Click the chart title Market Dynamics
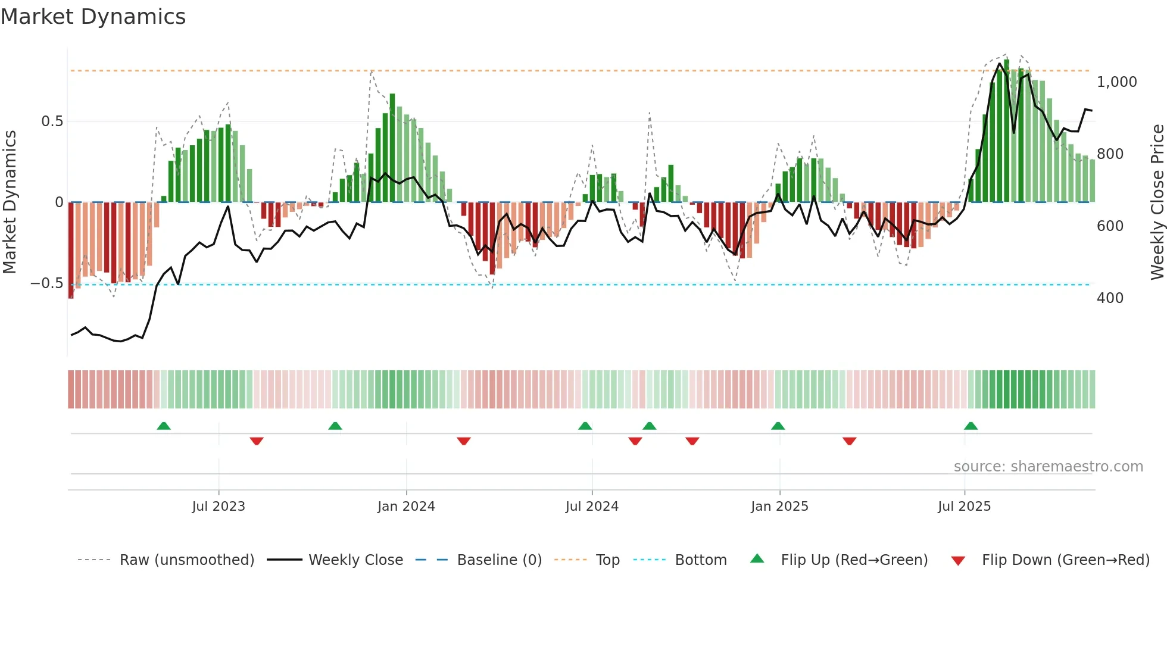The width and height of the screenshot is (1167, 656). pos(93,17)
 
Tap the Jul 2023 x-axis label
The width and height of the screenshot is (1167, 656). pos(219,507)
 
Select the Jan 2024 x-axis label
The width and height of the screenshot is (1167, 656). pos(406,507)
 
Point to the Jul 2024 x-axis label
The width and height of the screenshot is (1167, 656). pos(592,507)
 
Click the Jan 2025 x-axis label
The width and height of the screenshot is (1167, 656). pos(779,507)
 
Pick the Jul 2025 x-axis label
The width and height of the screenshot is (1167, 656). pos(964,507)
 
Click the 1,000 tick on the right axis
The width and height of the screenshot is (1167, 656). pos(1116,82)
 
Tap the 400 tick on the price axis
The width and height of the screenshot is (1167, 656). pos(1110,298)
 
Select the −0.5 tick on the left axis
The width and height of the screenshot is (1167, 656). pos(46,283)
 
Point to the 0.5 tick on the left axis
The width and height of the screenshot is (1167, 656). pos(52,121)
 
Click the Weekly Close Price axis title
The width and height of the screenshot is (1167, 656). pos(1157,202)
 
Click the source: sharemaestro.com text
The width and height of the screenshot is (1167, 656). pos(1048,467)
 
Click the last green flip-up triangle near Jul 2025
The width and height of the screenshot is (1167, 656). pos(971,426)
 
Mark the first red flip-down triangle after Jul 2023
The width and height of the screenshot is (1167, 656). pos(257,441)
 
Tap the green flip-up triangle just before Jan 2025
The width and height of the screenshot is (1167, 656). pos(778,426)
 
